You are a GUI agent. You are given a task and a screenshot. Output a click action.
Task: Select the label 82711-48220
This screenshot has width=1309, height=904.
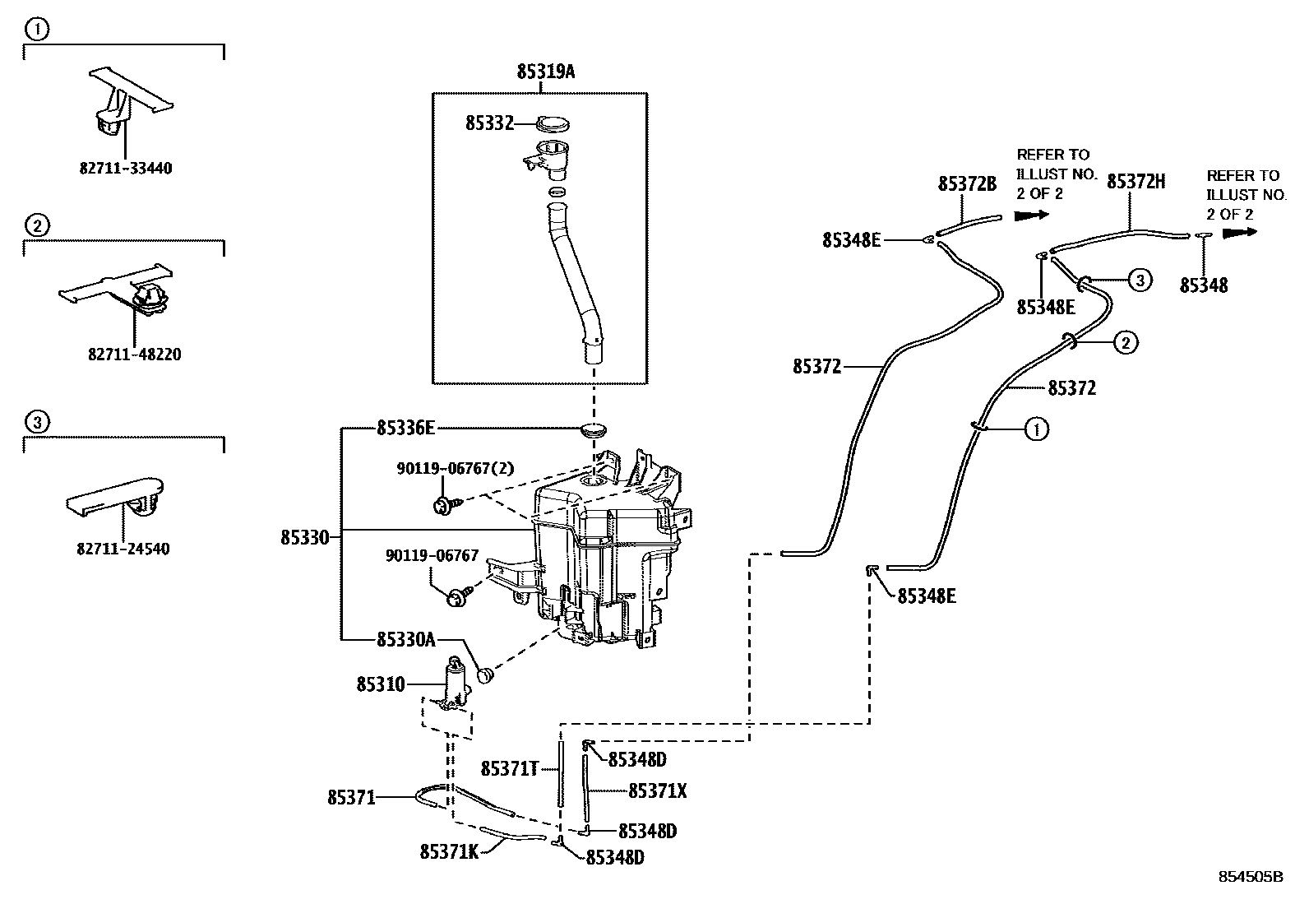pos(134,355)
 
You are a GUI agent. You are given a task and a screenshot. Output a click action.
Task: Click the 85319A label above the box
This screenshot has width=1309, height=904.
pos(545,72)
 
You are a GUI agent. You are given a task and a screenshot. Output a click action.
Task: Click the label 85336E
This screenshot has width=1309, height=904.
pos(406,428)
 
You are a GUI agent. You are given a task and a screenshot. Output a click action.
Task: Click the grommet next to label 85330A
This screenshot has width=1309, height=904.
pos(485,675)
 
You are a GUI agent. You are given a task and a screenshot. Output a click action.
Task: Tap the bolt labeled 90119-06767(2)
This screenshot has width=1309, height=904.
pos(442,504)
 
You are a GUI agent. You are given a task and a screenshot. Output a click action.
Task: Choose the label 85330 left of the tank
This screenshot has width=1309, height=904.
pos(304,538)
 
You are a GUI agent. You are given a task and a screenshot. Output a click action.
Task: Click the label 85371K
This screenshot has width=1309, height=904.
pos(449,852)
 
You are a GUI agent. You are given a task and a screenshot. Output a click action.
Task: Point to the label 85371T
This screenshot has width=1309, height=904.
pos(509,769)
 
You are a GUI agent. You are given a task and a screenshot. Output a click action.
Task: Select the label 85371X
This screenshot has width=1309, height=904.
pos(657,791)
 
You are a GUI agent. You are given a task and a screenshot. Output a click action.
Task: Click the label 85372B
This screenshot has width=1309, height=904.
pos(967,184)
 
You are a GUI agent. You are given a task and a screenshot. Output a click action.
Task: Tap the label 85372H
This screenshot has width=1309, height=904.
pos(1136,183)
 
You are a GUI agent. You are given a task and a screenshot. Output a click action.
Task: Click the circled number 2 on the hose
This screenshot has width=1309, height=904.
pos(1126,342)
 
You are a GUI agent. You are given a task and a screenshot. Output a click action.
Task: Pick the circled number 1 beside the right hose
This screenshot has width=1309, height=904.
pos(1036,429)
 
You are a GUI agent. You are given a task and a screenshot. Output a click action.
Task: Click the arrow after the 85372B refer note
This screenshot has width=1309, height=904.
pos(1033,216)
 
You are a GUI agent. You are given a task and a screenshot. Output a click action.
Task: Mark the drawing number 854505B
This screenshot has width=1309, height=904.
pos(1250,877)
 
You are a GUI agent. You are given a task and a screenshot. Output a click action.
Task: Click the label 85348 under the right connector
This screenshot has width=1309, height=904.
pos(1204,285)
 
